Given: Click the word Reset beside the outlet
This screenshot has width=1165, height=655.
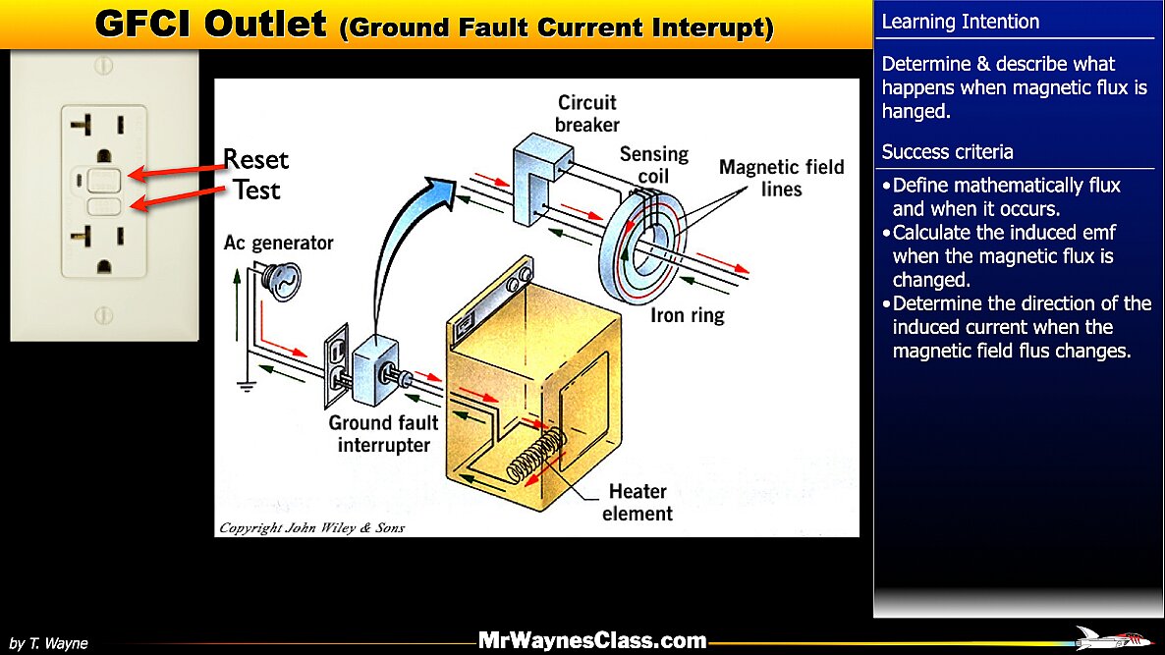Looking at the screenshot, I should [255, 160].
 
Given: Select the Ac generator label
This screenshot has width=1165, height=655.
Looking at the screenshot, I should [278, 243].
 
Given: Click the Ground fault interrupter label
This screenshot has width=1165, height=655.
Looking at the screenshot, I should [384, 433].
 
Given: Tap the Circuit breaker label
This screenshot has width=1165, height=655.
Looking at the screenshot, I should [587, 113].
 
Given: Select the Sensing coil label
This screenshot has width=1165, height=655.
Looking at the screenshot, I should [653, 164].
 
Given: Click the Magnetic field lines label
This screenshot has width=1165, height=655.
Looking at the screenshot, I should [781, 177].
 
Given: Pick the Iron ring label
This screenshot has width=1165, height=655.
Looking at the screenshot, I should [687, 315].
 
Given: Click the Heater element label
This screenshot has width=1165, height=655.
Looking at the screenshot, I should [638, 502].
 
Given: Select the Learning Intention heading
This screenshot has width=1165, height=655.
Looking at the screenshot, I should [961, 22].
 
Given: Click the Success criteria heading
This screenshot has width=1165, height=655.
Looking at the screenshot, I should [948, 152].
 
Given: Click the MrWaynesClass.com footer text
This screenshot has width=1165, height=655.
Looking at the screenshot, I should [592, 641].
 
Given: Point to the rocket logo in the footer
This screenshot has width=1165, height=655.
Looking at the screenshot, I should [1113, 638].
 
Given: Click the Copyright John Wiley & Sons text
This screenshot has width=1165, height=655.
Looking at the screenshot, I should [311, 527].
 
